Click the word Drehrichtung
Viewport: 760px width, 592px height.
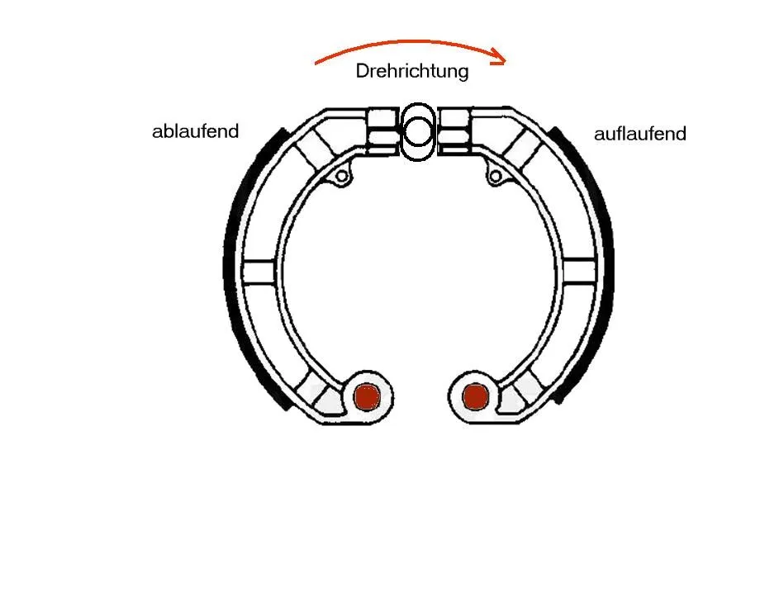pos(412,71)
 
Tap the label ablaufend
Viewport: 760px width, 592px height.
pos(195,131)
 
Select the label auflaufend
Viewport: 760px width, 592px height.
pos(639,134)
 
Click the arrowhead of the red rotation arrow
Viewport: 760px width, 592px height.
pos(499,57)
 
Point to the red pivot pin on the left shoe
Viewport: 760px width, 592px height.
pos(367,397)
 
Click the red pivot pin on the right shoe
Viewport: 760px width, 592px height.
pos(476,396)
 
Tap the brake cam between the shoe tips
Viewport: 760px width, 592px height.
pos(417,132)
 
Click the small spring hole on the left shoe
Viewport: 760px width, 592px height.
pos(341,177)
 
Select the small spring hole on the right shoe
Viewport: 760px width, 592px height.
pos(495,176)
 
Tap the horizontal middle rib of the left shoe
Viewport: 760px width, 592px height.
pos(259,272)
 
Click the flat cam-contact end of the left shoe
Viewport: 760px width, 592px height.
pos(383,130)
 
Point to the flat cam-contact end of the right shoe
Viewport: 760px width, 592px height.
pos(454,130)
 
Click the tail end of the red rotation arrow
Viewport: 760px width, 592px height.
pos(316,64)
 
